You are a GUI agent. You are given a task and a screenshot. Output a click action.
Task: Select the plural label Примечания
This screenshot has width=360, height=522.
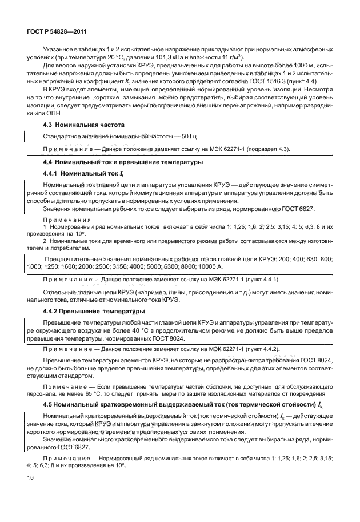(x=63, y=220)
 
